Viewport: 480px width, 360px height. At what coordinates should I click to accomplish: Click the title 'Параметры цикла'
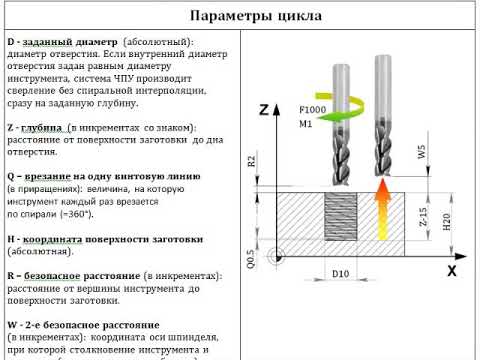(x=240, y=17)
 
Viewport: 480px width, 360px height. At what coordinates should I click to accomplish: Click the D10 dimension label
(x=340, y=272)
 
